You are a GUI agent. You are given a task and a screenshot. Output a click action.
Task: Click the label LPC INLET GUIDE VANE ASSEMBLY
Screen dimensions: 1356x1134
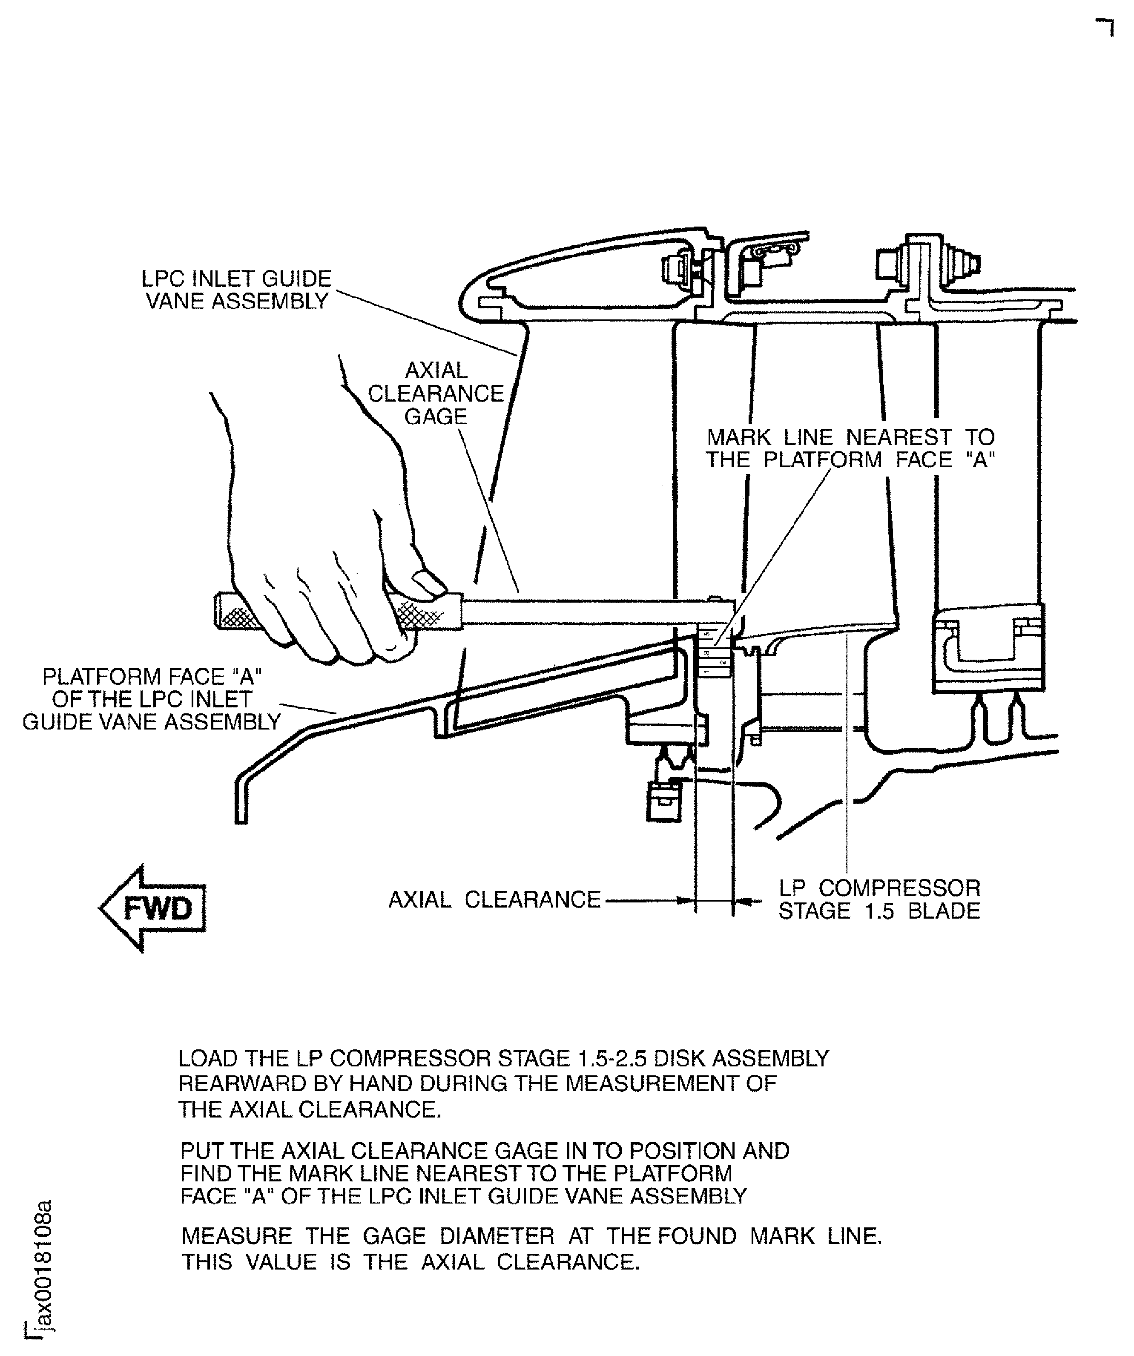pos(236,290)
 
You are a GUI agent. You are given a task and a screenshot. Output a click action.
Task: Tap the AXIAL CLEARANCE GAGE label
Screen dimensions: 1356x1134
pos(436,393)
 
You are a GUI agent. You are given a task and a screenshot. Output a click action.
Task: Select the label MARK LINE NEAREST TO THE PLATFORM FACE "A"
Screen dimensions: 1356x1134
pos(850,449)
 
